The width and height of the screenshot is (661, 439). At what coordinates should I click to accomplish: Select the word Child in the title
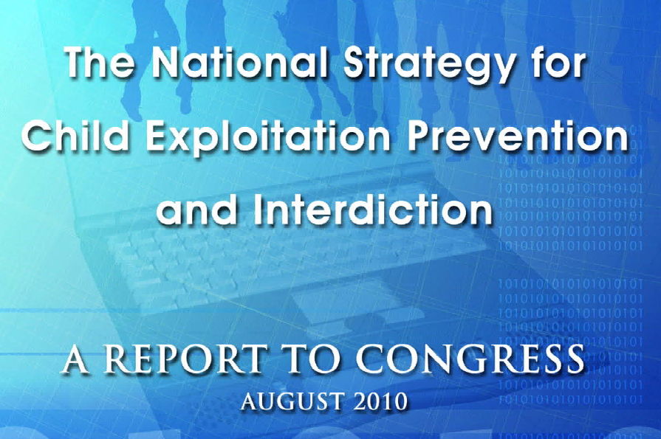69,136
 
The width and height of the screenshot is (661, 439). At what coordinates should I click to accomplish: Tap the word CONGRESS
470,359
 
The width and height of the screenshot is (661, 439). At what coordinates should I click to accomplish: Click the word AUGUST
292,401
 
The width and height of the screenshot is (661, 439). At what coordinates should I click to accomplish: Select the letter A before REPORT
75,359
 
